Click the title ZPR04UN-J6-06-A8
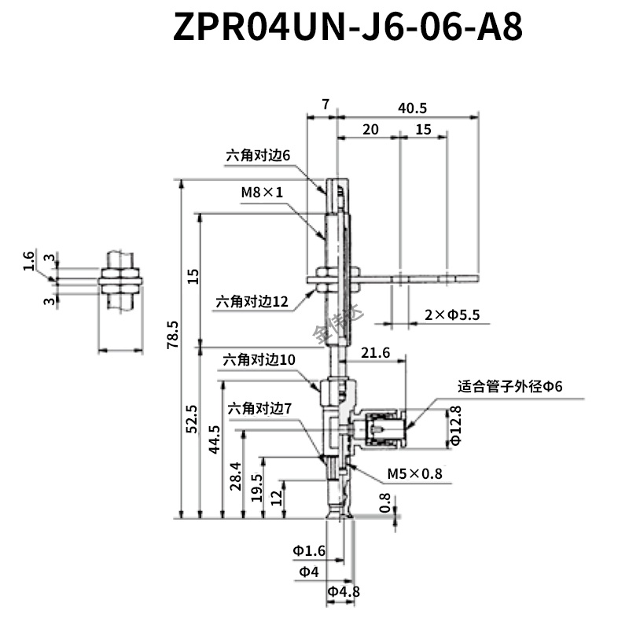[348, 27]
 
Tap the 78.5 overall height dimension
[173, 335]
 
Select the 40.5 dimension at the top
[412, 108]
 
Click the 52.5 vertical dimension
[192, 419]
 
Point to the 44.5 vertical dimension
[215, 440]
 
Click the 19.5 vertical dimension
[256, 487]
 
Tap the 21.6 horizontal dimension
[376, 352]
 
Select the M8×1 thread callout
[262, 193]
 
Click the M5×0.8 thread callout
[415, 474]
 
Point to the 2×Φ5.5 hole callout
[452, 315]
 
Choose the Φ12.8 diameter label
[456, 425]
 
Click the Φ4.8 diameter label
[344, 592]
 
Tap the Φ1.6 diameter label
[309, 551]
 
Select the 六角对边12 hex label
[252, 302]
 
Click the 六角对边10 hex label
[259, 359]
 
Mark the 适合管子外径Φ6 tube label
[510, 387]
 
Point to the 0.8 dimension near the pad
[384, 503]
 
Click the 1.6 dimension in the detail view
[28, 261]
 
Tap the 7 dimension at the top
[326, 105]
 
